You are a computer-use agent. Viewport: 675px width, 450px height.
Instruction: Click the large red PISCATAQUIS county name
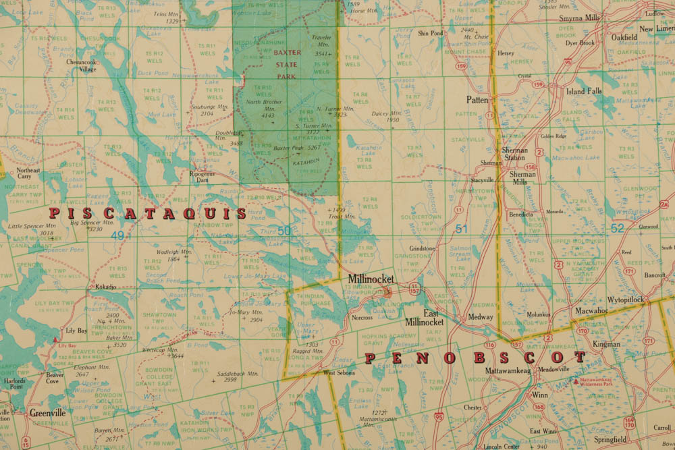coord(148,214)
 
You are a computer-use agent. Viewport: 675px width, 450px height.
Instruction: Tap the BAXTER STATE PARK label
coord(288,65)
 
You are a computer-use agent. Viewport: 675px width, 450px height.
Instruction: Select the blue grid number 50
coord(284,231)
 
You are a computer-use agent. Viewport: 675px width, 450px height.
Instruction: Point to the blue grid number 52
coord(618,229)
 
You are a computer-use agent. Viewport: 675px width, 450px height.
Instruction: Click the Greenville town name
coord(47,413)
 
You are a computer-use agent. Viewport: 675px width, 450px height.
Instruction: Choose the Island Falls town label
coord(584,91)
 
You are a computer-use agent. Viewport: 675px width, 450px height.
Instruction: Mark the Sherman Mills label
coord(523,178)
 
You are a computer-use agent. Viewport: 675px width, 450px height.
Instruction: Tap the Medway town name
coord(480,316)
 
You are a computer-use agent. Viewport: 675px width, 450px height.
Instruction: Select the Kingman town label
coord(606,344)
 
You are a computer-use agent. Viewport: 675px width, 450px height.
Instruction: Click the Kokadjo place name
coord(105,287)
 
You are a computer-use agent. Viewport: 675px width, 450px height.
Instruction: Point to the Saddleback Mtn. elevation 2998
coord(230,380)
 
